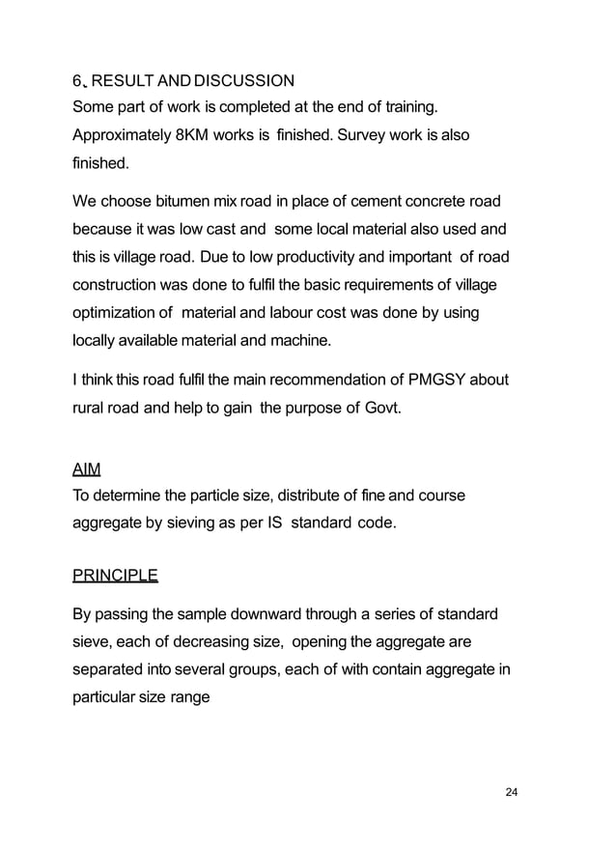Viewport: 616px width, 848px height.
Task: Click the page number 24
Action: click(512, 792)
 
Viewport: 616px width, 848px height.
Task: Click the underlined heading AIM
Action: click(87, 469)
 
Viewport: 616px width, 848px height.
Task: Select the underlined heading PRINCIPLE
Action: click(115, 577)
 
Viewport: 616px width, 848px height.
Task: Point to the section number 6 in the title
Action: click(77, 79)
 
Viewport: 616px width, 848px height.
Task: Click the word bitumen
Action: click(194, 202)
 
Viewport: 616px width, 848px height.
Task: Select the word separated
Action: click(111, 668)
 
